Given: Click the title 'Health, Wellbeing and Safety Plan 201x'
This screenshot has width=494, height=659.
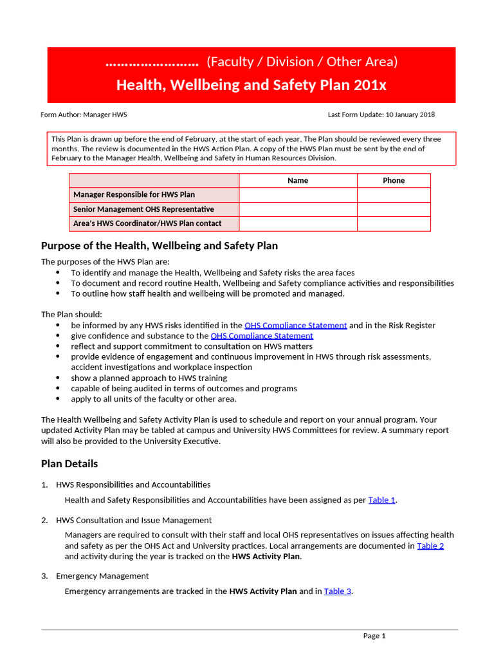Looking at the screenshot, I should pyautogui.click(x=251, y=85).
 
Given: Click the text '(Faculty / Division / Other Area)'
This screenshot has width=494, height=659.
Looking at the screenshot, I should pyautogui.click(x=302, y=62).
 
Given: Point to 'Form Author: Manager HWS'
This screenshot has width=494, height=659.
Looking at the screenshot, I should pyautogui.click(x=84, y=115).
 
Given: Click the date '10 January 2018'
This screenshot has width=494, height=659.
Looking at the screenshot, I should pyautogui.click(x=410, y=115).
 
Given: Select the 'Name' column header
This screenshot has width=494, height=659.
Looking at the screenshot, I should pyautogui.click(x=298, y=181).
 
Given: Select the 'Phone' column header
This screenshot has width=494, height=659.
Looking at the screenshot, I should pyautogui.click(x=394, y=181).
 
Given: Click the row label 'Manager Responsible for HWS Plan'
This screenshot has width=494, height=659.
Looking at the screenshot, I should pyautogui.click(x=134, y=195).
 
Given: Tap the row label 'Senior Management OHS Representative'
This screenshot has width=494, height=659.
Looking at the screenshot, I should pyautogui.click(x=143, y=209).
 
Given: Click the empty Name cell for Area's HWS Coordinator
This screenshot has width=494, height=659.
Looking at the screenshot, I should pyautogui.click(x=298, y=224).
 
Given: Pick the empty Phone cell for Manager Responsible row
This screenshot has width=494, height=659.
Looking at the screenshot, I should pyautogui.click(x=394, y=195).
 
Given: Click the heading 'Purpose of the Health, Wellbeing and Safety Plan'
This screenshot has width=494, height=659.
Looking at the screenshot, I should pyautogui.click(x=160, y=246).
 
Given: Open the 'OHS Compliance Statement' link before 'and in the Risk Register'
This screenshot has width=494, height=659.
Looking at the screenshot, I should pyautogui.click(x=295, y=326).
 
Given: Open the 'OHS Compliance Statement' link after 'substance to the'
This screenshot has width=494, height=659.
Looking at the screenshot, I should pyautogui.click(x=262, y=336).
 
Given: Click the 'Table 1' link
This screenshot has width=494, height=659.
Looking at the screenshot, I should pyautogui.click(x=381, y=500).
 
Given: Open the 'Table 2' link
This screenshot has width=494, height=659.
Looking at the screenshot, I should pyautogui.click(x=430, y=546).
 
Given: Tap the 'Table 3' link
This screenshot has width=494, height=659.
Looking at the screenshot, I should pyautogui.click(x=337, y=591).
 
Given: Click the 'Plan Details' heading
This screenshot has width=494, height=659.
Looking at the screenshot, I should pyautogui.click(x=69, y=464).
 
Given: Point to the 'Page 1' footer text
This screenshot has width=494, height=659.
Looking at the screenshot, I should pyautogui.click(x=374, y=636).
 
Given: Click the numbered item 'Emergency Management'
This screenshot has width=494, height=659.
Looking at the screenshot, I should pyautogui.click(x=102, y=576).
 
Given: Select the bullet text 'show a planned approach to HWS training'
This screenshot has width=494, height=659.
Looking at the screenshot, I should pyautogui.click(x=149, y=378).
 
